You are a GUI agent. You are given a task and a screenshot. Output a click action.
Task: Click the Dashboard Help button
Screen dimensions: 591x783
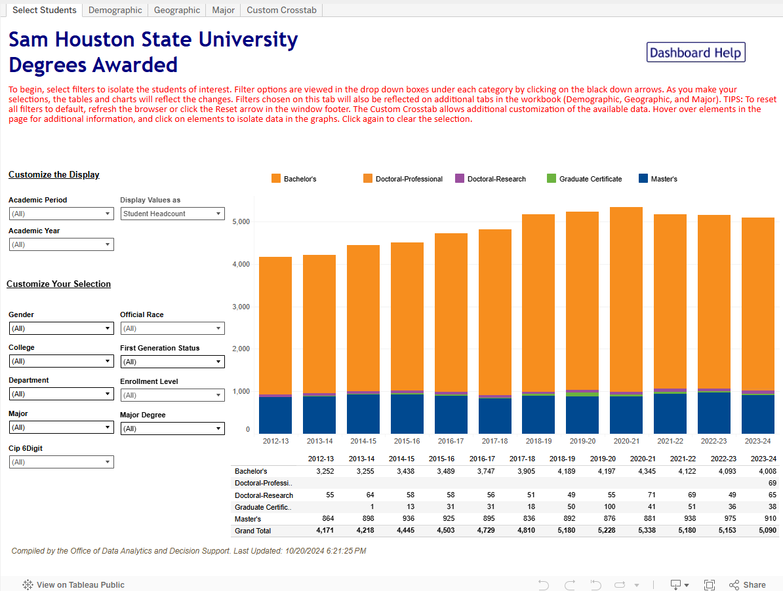click(696, 52)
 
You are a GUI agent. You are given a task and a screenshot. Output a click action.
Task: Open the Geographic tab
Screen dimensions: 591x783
click(177, 10)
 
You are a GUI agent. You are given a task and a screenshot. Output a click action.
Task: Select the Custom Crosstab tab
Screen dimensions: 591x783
click(281, 10)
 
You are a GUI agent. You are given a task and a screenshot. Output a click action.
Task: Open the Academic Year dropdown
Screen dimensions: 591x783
click(61, 244)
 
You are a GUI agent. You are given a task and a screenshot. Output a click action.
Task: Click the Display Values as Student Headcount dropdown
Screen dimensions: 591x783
click(172, 214)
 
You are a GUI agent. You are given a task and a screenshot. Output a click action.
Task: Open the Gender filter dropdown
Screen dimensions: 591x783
click(61, 328)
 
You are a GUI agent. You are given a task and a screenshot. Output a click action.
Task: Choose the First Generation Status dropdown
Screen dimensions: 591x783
click(172, 362)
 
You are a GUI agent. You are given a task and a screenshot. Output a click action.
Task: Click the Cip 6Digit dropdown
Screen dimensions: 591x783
click(61, 462)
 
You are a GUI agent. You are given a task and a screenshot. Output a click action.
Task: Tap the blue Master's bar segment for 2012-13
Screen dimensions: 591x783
click(275, 415)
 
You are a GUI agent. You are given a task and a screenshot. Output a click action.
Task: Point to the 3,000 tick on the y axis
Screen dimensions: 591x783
click(241, 307)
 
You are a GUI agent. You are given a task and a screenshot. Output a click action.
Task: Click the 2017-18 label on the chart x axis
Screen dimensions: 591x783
click(494, 442)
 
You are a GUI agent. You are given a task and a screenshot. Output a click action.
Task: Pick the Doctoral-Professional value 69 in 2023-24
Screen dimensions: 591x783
click(772, 483)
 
